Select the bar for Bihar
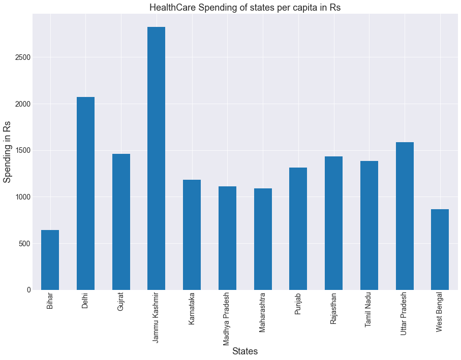coord(50,260)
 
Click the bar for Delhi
coord(85,193)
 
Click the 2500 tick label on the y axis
coord(21,57)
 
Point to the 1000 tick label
coord(21,197)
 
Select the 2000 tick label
coord(21,104)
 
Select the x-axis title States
coord(245,351)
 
